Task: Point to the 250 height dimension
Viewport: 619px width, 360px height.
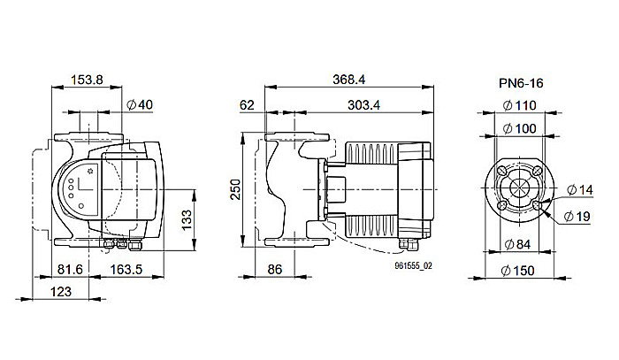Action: tap(235, 191)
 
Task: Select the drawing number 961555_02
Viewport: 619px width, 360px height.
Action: tap(415, 265)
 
